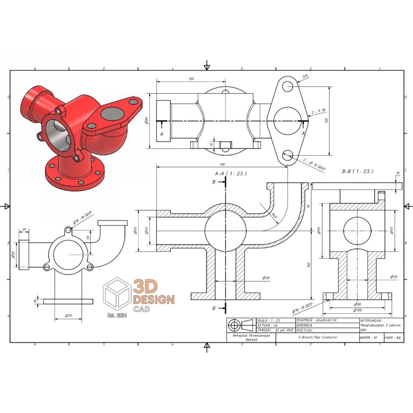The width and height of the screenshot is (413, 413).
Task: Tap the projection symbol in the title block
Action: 241,325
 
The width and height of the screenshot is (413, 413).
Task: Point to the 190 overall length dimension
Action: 222,165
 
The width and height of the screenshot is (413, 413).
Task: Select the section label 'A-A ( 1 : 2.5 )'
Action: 231,173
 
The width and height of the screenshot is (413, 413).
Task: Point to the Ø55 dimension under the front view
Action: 68,315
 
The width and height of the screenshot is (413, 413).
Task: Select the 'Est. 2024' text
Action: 117,315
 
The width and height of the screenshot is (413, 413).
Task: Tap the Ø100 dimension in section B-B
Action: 356,310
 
